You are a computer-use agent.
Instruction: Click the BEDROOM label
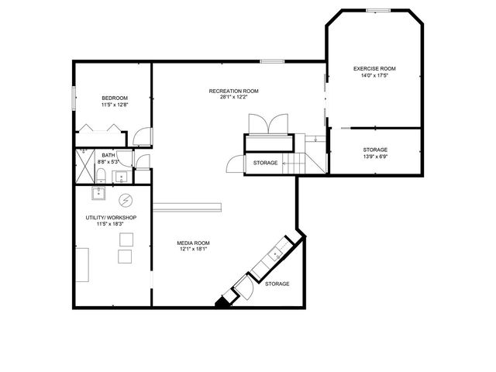click(115, 98)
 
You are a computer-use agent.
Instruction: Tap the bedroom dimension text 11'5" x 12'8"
click(115, 105)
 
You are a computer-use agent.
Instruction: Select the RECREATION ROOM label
click(233, 91)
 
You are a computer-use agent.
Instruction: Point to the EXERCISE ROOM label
click(374, 69)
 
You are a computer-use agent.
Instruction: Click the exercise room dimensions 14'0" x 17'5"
click(374, 76)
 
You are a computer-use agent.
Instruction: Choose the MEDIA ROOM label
click(195, 243)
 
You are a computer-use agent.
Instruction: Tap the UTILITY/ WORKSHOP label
click(111, 218)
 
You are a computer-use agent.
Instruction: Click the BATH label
click(108, 155)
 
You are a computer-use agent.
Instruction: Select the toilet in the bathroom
click(101, 173)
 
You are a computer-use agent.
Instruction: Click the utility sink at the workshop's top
click(98, 192)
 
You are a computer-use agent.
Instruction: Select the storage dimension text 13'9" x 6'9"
click(375, 157)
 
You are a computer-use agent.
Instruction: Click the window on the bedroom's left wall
click(74, 100)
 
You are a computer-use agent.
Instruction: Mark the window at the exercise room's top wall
click(377, 10)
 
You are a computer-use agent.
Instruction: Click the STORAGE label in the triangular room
click(277, 284)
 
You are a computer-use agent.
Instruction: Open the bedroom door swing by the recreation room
click(140, 138)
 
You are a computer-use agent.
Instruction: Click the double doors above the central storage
click(268, 124)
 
